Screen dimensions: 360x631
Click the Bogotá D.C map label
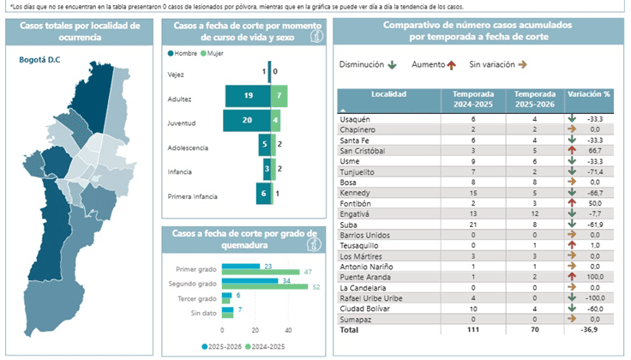[x=39, y=60]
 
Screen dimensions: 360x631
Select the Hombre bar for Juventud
[x=247, y=122]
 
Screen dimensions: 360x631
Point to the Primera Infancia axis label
[x=193, y=196]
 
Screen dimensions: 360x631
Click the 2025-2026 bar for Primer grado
[x=242, y=266]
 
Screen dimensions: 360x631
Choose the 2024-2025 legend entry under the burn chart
[x=267, y=346]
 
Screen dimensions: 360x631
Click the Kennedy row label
[x=355, y=194]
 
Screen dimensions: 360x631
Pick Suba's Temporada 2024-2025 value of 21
[x=473, y=225]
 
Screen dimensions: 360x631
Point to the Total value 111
[x=472, y=328]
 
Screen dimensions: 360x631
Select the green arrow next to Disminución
[x=393, y=64]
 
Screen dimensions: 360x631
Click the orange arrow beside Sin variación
[x=522, y=64]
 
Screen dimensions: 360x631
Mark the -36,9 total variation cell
[x=592, y=328]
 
